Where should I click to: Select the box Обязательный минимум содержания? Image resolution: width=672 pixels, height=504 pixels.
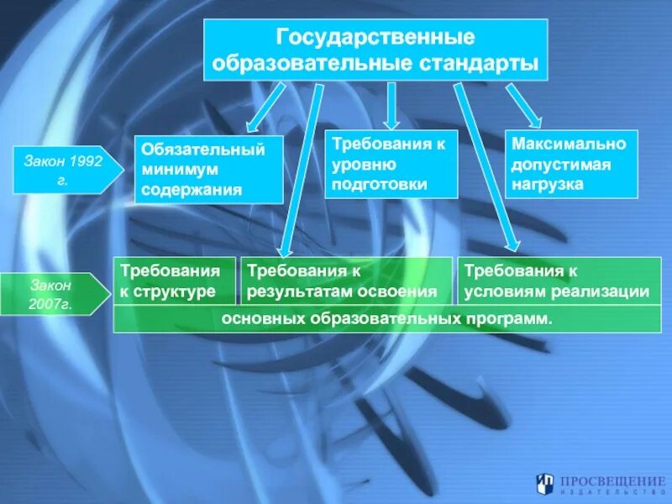209,170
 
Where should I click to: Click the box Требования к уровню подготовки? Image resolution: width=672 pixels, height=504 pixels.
391,164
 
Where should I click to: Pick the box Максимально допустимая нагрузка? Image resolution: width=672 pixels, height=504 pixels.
570,164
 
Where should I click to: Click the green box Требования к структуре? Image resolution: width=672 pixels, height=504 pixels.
175,281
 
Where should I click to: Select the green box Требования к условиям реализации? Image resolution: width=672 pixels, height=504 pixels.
557,281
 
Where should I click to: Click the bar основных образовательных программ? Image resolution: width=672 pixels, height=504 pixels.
386,319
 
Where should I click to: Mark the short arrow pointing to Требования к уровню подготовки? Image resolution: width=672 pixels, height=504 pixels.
391,104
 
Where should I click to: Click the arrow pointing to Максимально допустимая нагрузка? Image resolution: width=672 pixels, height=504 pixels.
523,106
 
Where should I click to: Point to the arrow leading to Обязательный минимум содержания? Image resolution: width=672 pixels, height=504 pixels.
267,106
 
